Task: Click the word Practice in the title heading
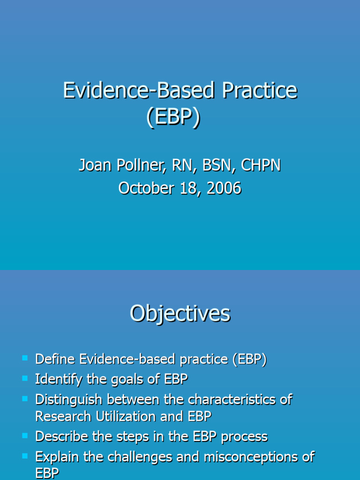pyautogui.click(x=259, y=90)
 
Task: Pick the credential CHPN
pyautogui.click(x=261, y=165)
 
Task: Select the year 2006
pyautogui.click(x=224, y=188)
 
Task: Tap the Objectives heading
pyautogui.click(x=180, y=314)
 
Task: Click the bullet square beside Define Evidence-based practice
pyautogui.click(x=25, y=359)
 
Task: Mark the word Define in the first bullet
pyautogui.click(x=55, y=360)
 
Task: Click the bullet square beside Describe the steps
pyautogui.click(x=25, y=435)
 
